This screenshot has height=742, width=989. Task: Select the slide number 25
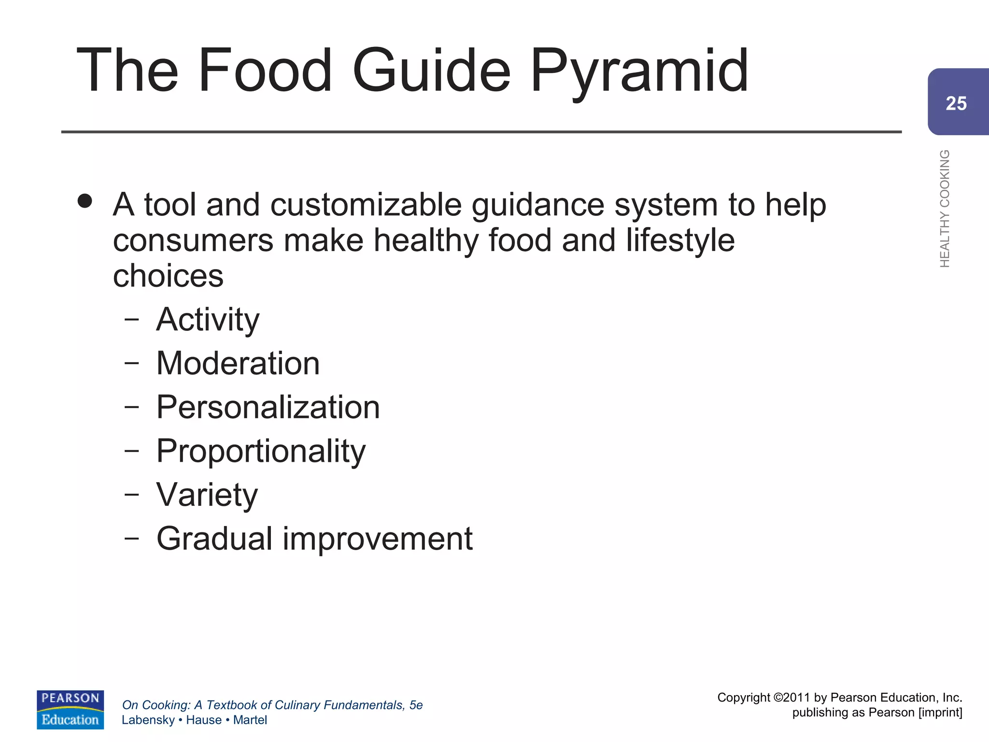pos(956,103)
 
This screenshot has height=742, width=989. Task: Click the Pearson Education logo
pos(70,709)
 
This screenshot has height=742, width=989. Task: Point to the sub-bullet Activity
pos(208,320)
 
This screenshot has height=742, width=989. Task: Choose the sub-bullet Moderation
pos(238,363)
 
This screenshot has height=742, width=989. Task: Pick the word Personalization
pos(268,407)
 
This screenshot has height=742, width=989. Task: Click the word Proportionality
pos(261,451)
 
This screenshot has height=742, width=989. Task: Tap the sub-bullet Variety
pos(207,495)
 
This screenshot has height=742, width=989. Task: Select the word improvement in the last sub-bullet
pos(377,539)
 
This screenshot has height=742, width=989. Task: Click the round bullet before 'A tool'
pos(85,201)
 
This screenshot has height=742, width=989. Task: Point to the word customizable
pos(366,205)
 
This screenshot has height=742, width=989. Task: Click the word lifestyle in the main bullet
pos(680,241)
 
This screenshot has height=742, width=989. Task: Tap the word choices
pos(168,276)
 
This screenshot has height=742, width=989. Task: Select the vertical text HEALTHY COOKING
pos(945,208)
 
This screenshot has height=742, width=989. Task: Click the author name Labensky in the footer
pos(148,720)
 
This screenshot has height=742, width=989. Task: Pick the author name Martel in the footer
pos(250,720)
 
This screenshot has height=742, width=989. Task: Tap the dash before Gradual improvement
pos(131,538)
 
